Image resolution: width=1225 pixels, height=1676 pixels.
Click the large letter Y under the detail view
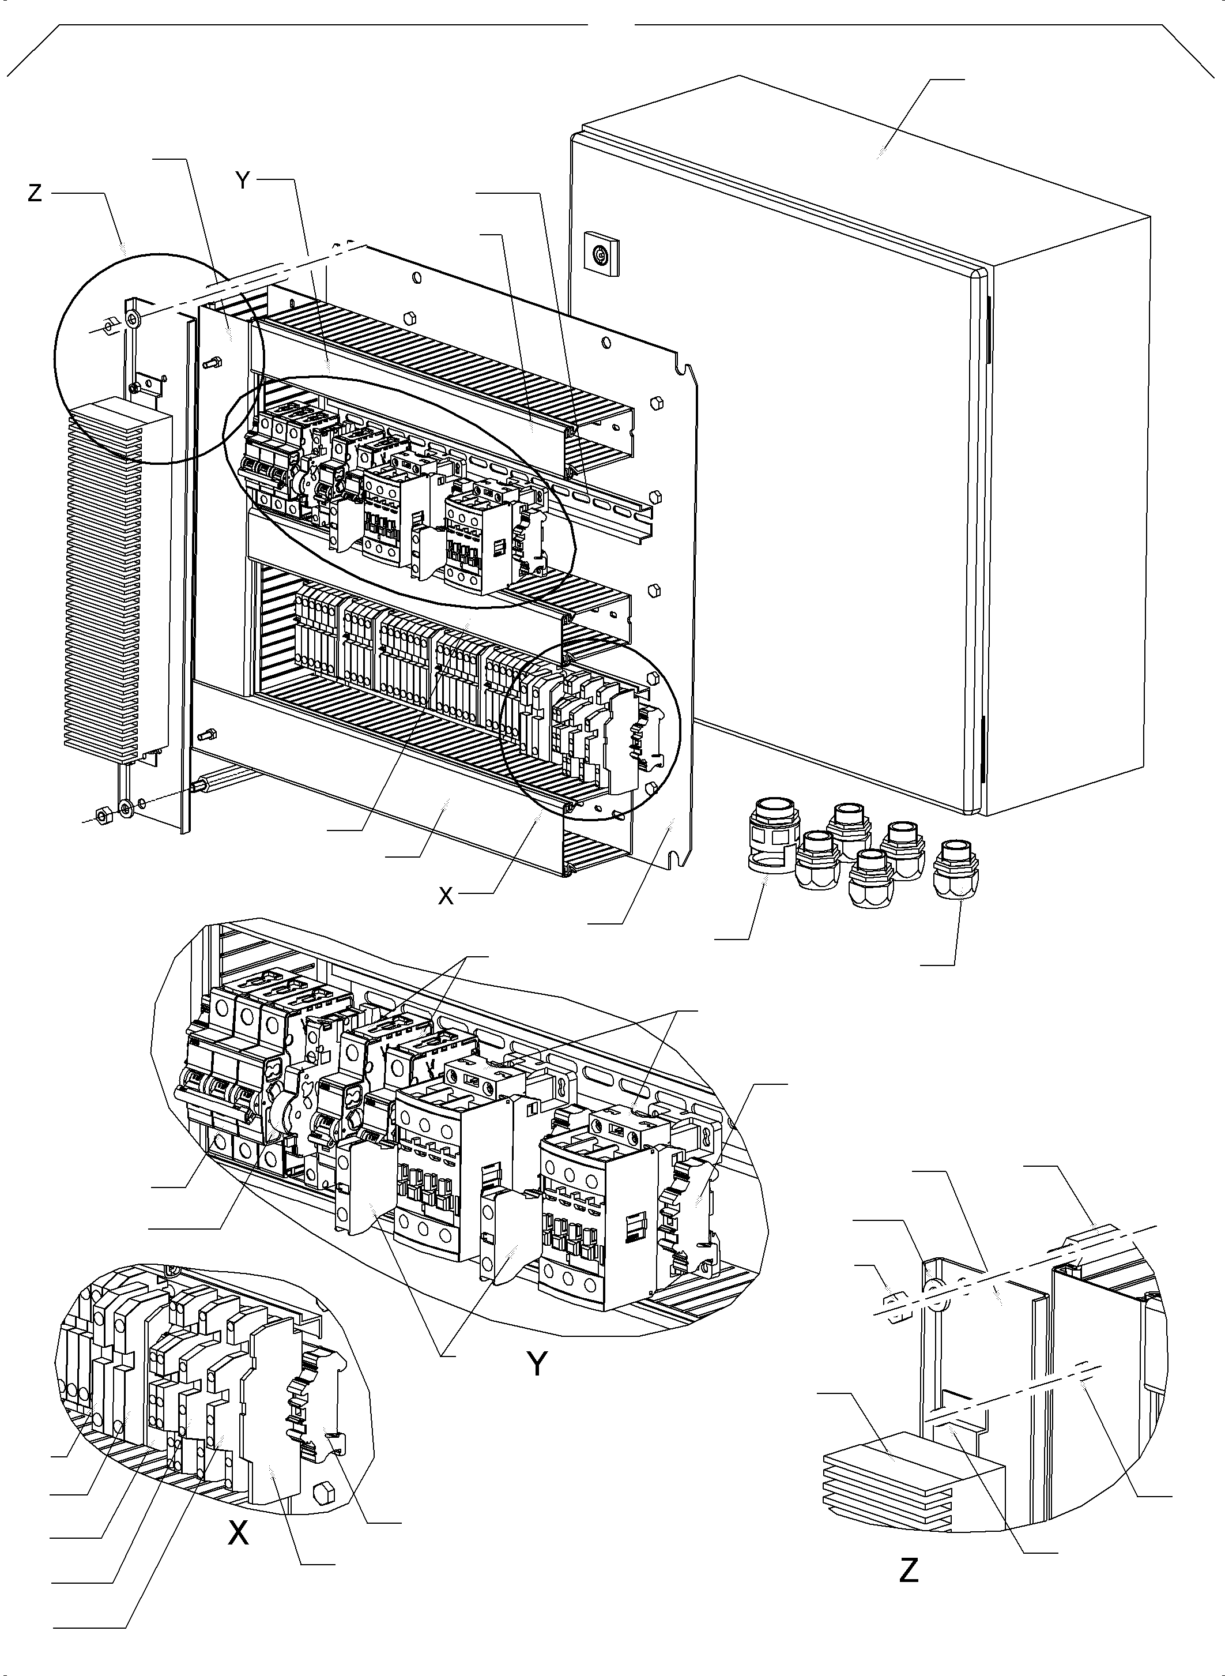click(x=538, y=1363)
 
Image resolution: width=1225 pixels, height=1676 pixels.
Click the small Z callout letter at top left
click(x=34, y=194)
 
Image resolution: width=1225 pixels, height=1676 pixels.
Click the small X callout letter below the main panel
click(x=445, y=896)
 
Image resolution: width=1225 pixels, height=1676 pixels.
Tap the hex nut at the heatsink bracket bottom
click(x=104, y=814)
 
